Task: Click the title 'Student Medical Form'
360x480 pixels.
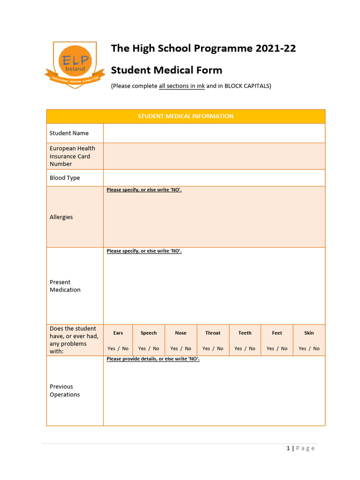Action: coord(166,70)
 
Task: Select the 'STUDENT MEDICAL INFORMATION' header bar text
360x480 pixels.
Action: coord(186,116)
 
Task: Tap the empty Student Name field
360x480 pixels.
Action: coord(214,133)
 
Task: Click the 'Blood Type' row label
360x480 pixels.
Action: coord(65,178)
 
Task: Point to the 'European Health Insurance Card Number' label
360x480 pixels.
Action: coord(72,156)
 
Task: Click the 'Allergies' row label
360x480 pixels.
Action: coord(61,217)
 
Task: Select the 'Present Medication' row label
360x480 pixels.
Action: coord(65,286)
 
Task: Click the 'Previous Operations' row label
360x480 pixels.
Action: coord(65,390)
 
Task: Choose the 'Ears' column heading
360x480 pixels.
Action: coord(118,333)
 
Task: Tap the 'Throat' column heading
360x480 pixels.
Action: coord(213,333)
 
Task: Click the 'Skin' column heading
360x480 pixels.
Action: coord(309,333)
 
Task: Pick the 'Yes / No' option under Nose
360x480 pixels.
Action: coord(181,348)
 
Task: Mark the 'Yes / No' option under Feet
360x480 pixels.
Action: coord(277,348)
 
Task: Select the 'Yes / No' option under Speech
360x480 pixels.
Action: coord(149,348)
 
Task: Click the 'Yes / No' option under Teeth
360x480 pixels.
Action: coord(245,348)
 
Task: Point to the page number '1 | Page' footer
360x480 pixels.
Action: coord(300,448)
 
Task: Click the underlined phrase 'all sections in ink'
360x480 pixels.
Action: coord(182,86)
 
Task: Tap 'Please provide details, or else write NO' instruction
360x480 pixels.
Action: coord(153,359)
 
